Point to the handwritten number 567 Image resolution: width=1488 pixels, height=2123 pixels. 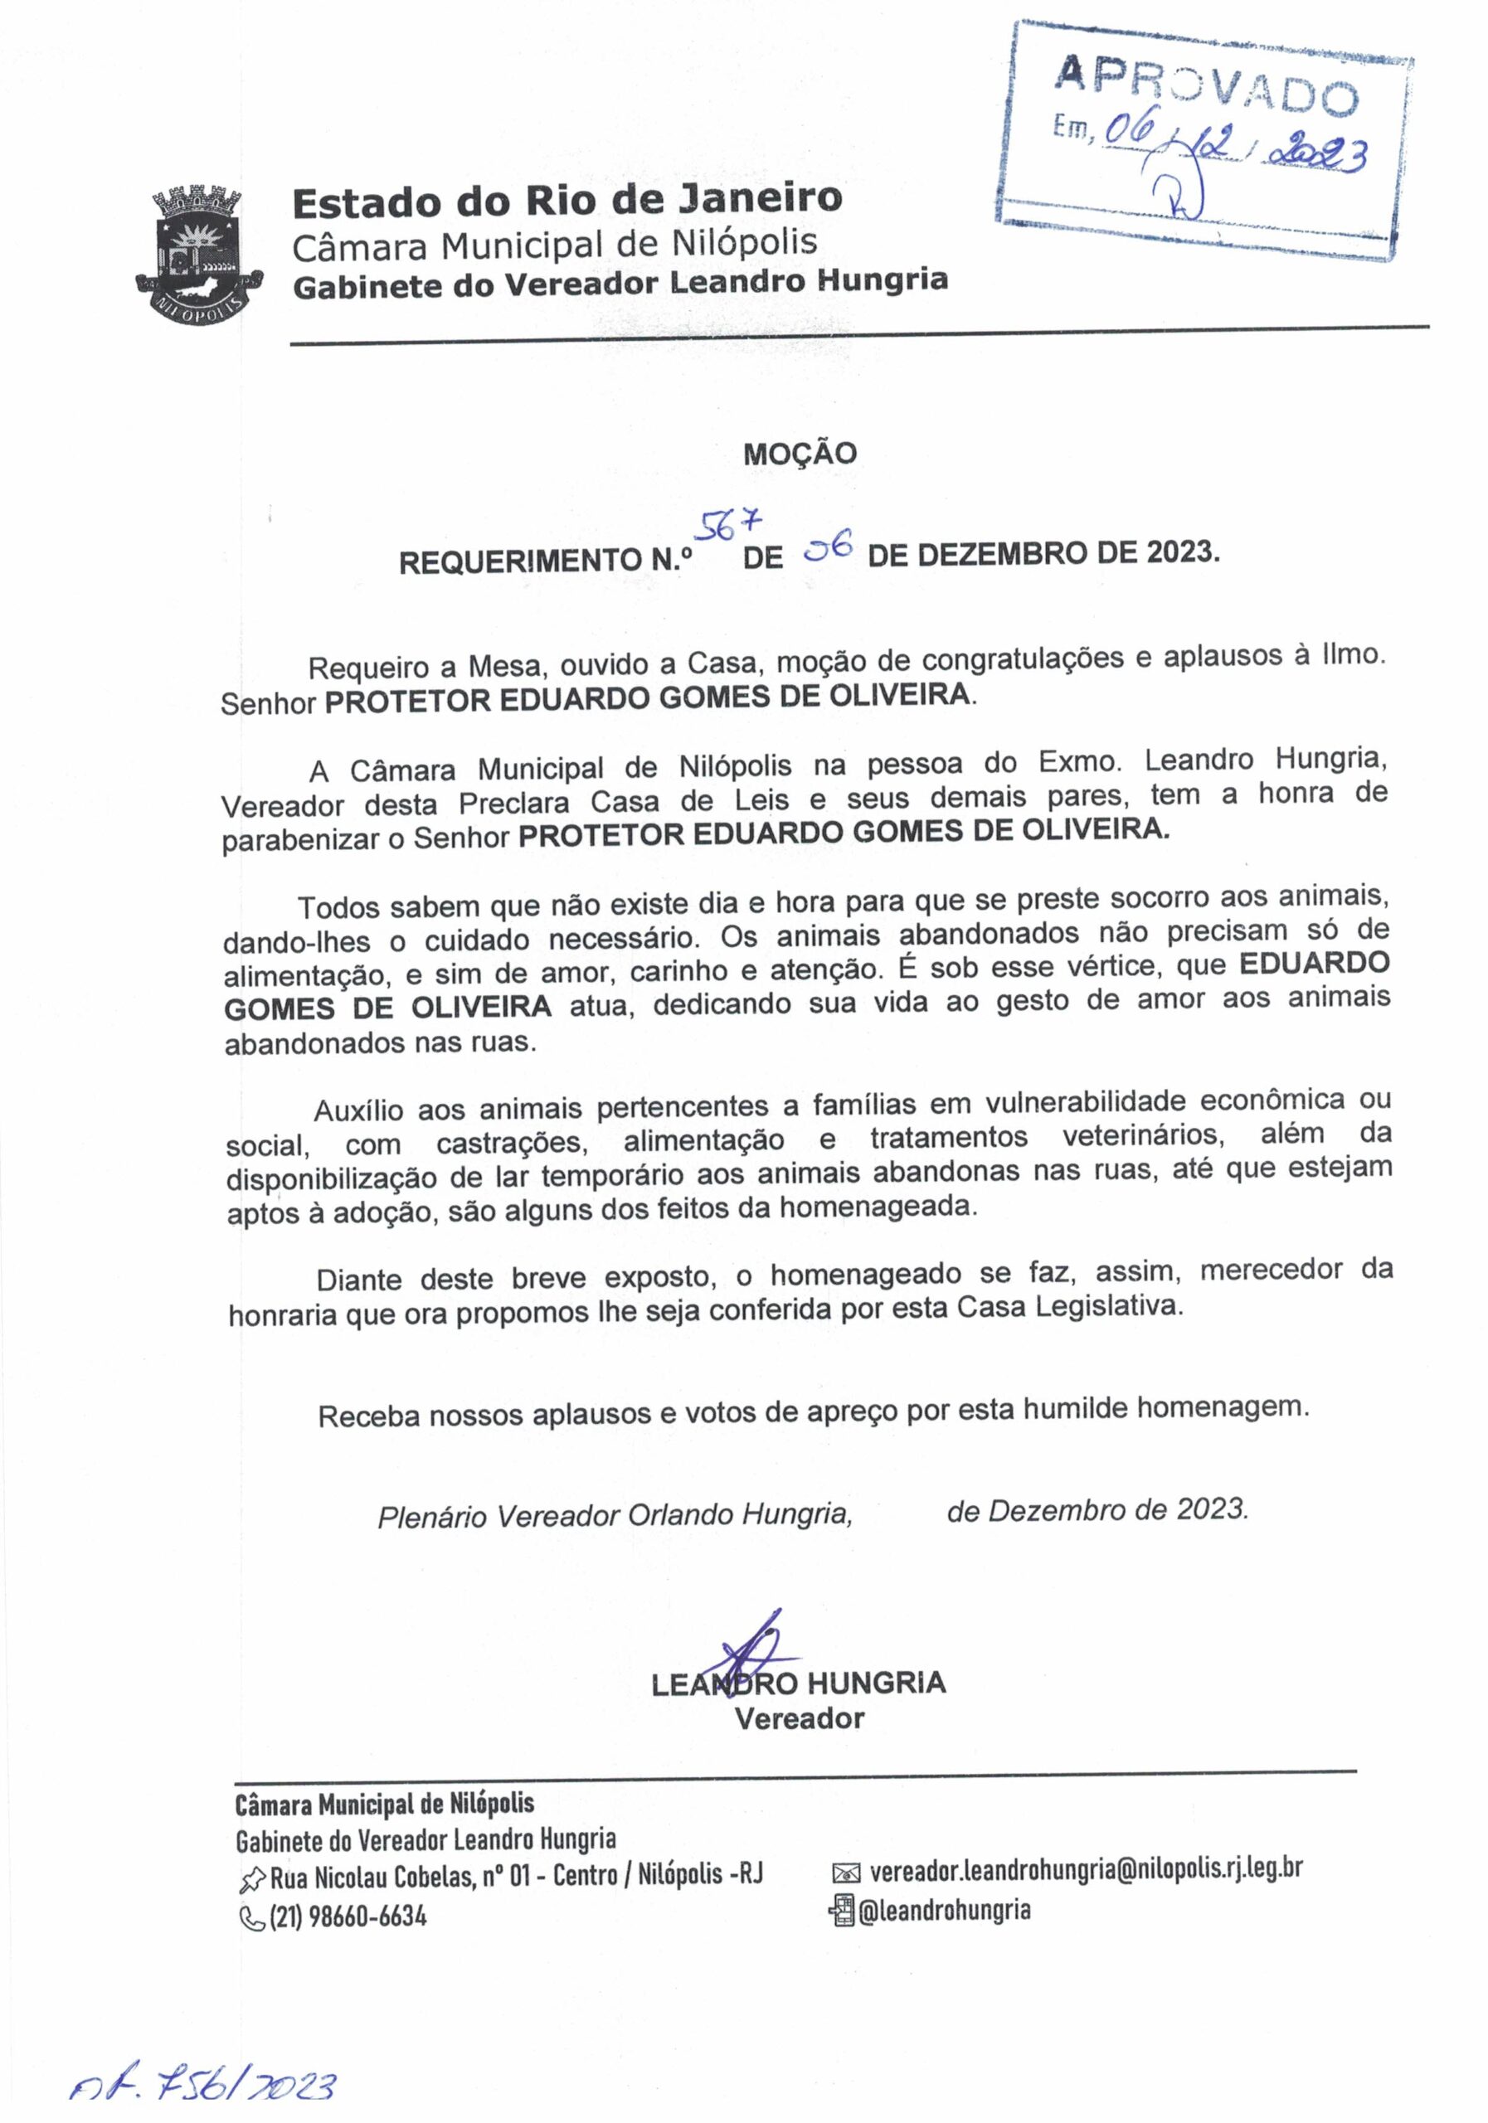tap(730, 524)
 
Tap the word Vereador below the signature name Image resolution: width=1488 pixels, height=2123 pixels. tap(799, 1719)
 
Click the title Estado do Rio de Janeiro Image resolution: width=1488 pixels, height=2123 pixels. tap(567, 202)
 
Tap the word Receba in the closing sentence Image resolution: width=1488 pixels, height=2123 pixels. tap(363, 1416)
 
